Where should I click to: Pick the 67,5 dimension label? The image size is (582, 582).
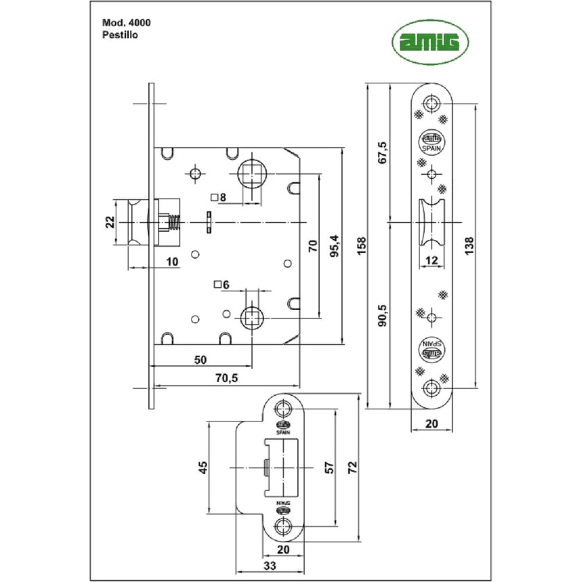coord(382,152)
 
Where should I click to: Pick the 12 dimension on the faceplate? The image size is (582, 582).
coord(431,261)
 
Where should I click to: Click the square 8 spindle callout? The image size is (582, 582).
coord(219,197)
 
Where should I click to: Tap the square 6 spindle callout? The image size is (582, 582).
coord(222,285)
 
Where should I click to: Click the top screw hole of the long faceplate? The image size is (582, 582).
coord(431,104)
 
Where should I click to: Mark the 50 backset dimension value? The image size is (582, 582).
coord(200,360)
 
